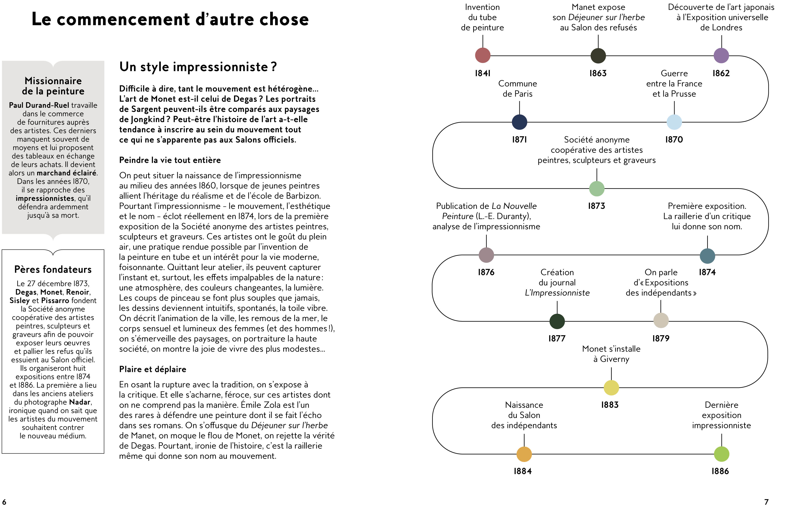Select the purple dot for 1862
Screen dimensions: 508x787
721,55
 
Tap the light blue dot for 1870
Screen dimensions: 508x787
674,122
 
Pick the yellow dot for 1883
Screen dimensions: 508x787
611,388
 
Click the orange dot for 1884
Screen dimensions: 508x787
524,454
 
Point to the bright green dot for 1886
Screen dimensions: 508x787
721,454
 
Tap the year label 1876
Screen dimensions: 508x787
486,273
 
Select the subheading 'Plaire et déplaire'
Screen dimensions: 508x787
152,369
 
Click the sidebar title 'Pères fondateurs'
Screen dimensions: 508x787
53,270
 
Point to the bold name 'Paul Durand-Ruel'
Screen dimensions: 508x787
39,105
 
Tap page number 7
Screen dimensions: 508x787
766,502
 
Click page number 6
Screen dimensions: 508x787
4,502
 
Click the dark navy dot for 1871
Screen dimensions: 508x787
519,122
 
